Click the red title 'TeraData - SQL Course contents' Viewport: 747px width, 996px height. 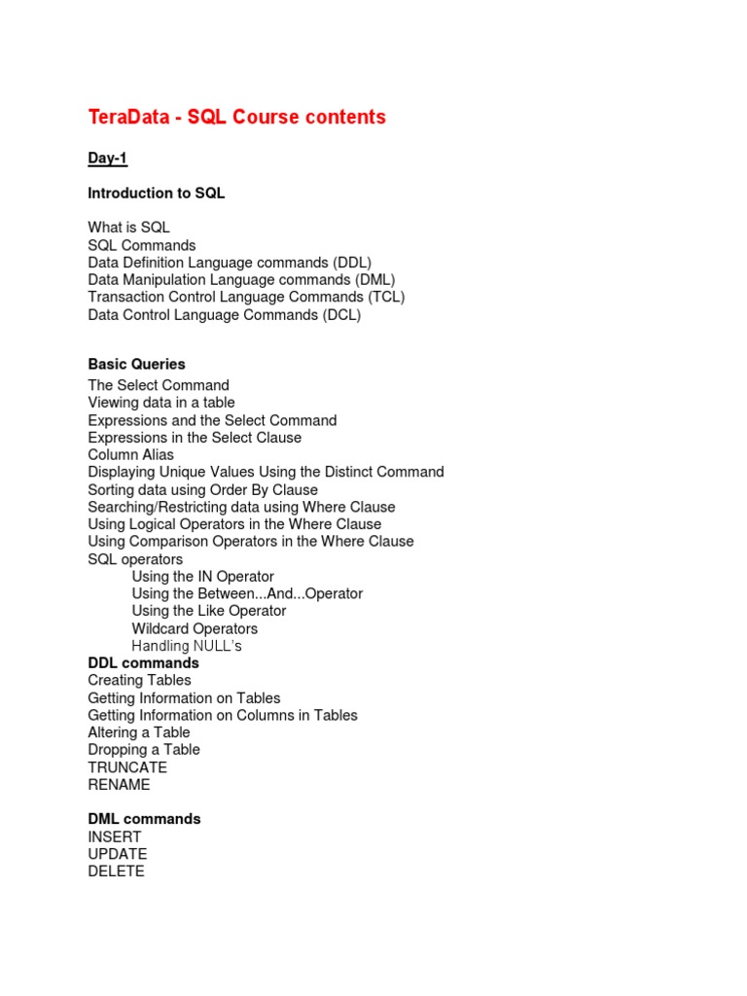click(x=236, y=118)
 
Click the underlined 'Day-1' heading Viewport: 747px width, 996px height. click(x=108, y=158)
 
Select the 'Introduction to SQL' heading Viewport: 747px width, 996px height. click(x=157, y=194)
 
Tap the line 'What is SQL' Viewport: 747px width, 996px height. click(x=129, y=228)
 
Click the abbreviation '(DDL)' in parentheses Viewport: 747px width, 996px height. click(x=351, y=263)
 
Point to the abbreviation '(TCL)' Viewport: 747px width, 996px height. click(x=386, y=298)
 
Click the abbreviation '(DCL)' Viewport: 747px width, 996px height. click(x=341, y=315)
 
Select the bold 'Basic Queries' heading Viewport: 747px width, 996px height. click(x=136, y=365)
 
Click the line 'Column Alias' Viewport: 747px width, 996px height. click(x=131, y=455)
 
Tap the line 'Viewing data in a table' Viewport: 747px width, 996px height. click(x=161, y=403)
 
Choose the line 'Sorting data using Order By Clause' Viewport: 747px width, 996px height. click(x=202, y=490)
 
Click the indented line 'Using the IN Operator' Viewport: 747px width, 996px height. click(x=203, y=577)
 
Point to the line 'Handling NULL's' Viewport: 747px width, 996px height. click(x=187, y=647)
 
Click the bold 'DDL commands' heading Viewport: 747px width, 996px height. click(x=143, y=663)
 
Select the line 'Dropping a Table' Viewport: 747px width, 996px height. click(x=144, y=750)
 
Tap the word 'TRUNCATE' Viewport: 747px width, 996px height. click(x=127, y=767)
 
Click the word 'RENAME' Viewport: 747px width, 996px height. click(x=119, y=785)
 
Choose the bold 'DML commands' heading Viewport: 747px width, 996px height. click(x=144, y=820)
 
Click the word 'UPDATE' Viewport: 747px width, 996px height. click(x=118, y=855)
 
